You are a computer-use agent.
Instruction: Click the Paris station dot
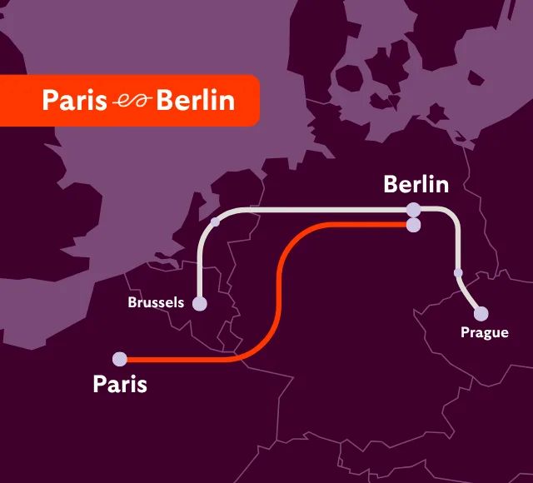click(x=120, y=359)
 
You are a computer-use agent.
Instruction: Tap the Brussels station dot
click(x=200, y=303)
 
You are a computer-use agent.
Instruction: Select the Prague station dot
click(x=481, y=314)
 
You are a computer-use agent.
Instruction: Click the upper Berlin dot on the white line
click(x=413, y=209)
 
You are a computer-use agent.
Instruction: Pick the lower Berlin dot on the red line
click(x=413, y=224)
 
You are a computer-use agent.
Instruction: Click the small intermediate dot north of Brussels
click(x=216, y=222)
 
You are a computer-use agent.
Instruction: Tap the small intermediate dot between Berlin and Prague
click(x=458, y=272)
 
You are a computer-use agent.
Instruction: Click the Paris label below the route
click(x=120, y=385)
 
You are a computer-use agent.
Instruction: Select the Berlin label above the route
click(x=416, y=185)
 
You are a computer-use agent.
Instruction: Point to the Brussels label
click(x=156, y=302)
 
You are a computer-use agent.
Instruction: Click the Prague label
click(x=485, y=333)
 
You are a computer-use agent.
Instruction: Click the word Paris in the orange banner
click(x=74, y=101)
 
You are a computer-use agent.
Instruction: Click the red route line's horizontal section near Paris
click(x=183, y=360)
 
